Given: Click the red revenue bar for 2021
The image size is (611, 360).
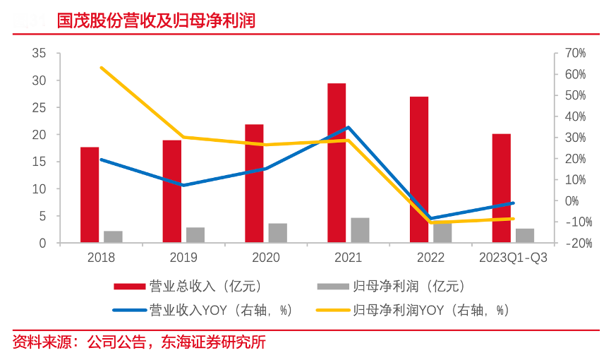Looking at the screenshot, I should tap(337, 163).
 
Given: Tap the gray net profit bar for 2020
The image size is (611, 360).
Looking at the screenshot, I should tap(278, 233).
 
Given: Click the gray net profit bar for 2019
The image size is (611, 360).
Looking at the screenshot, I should tap(195, 235).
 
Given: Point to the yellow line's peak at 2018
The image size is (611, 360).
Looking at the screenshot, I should tap(102, 68).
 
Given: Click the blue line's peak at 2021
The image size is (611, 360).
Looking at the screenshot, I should tap(349, 128).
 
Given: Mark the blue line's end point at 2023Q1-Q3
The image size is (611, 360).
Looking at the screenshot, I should tap(513, 203).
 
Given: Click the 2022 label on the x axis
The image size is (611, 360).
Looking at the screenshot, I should tap(430, 258).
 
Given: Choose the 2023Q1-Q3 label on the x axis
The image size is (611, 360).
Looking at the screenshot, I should tap(513, 258).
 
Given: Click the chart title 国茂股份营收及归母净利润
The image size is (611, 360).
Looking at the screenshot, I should tap(156, 20).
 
